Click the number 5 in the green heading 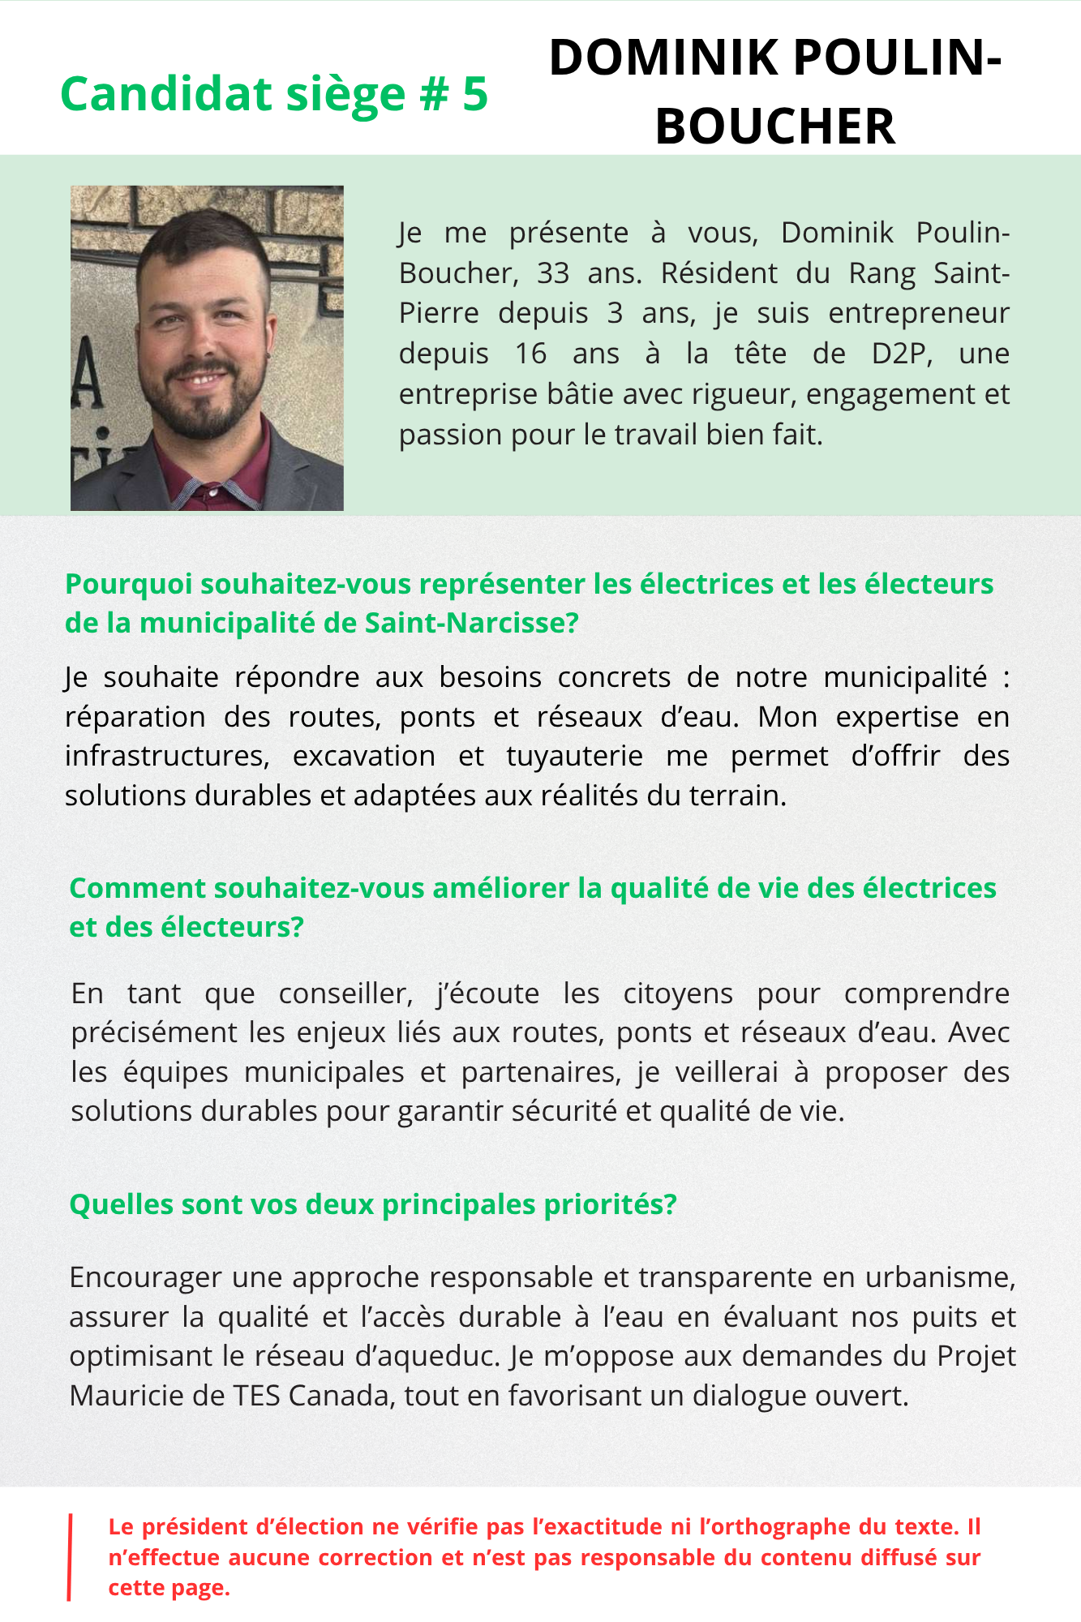[475, 94]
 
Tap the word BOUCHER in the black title [774, 127]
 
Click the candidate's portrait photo [207, 348]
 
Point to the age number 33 [553, 273]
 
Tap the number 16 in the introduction [531, 354]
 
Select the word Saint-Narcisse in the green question [471, 623]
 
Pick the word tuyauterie [574, 756]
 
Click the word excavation [364, 756]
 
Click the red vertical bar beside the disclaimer [70, 1557]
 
